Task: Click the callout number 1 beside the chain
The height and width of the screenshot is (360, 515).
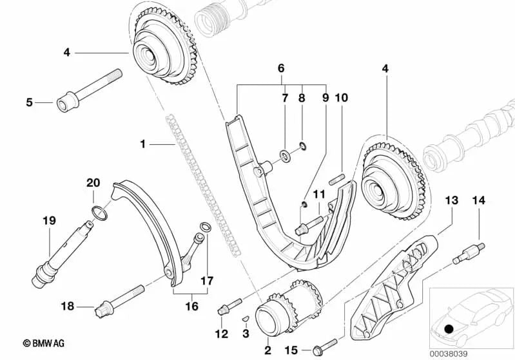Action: (143, 145)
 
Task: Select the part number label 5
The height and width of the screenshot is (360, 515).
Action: (29, 102)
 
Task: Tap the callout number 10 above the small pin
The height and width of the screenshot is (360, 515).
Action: (341, 99)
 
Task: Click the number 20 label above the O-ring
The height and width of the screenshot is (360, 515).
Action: (94, 183)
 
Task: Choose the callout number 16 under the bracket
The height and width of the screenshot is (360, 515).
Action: (191, 306)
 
